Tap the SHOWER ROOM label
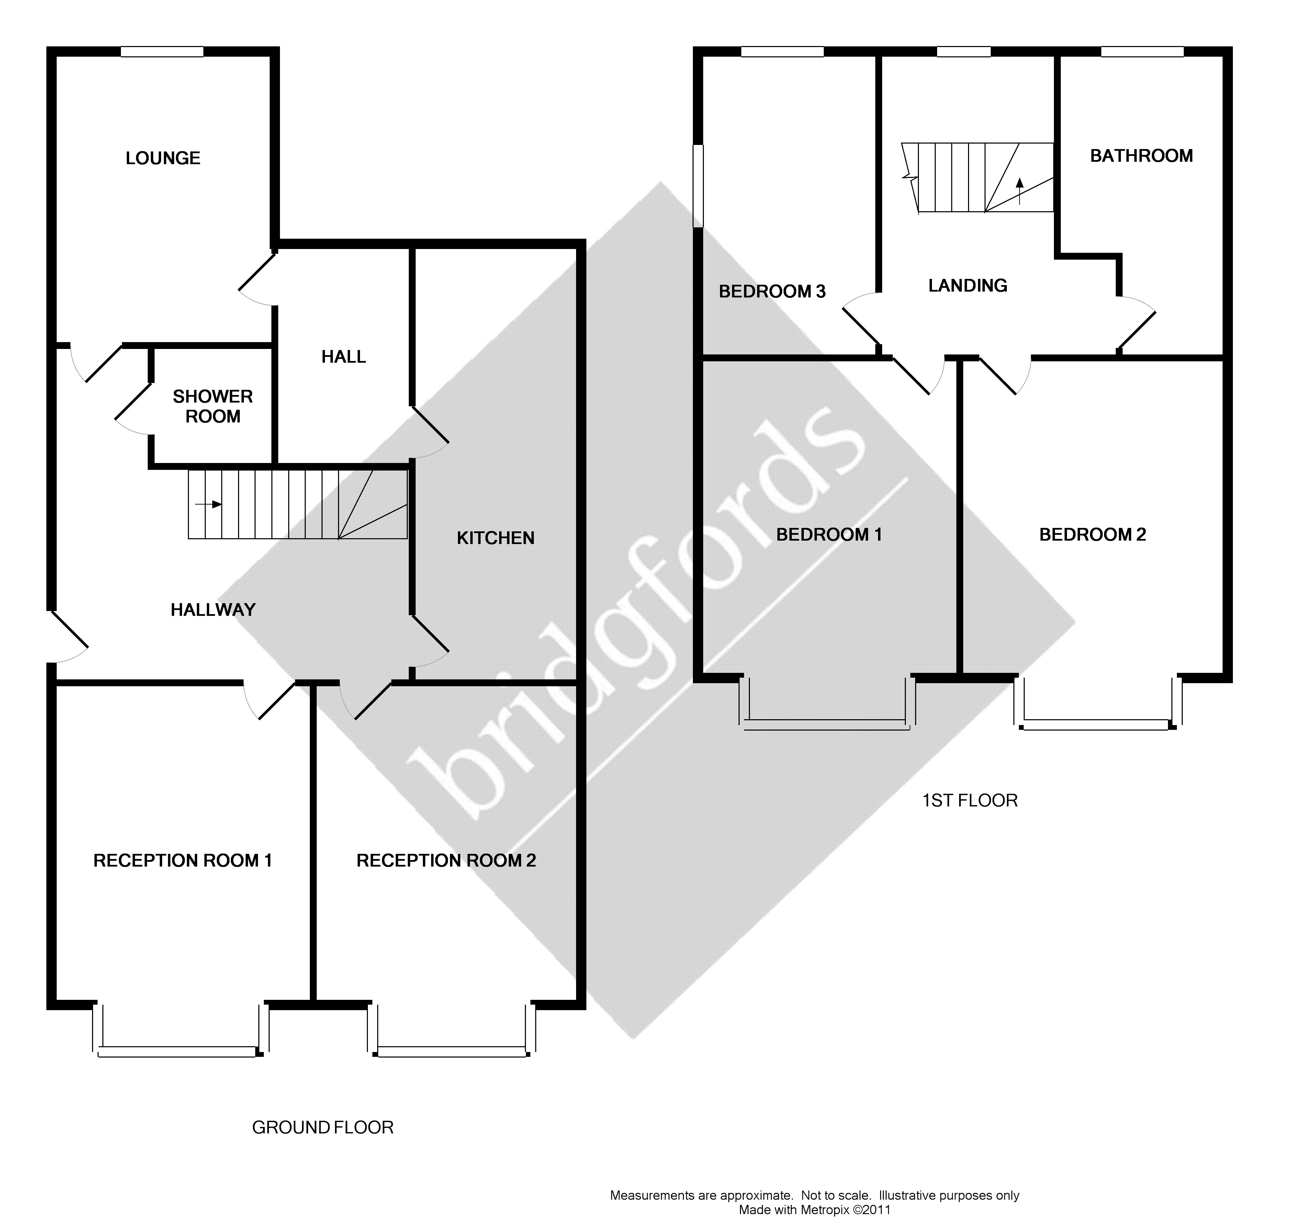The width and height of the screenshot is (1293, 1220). pos(213,406)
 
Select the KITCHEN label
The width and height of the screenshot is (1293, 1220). pos(496,538)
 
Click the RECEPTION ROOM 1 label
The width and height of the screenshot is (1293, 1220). pos(183,860)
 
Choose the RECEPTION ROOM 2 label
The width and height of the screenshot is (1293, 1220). pos(446,860)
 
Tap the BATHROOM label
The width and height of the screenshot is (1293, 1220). pos(1142,156)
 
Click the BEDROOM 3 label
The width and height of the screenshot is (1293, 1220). pos(772,291)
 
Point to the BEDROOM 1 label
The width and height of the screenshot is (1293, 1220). pos(829,534)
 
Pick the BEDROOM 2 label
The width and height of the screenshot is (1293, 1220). pos(1093,534)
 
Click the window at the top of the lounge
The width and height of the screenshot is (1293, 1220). pos(162,52)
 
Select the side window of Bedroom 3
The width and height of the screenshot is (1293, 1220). pos(698,185)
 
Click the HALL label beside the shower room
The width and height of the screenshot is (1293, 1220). pos(344,357)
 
